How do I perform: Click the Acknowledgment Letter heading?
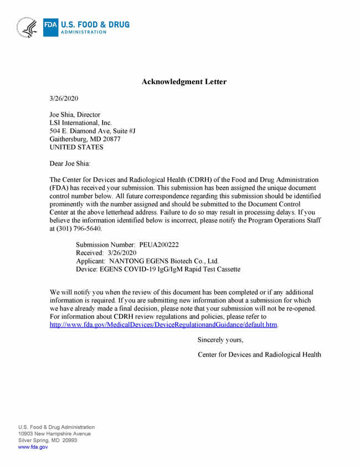coord(184,82)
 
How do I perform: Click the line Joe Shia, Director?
coord(75,115)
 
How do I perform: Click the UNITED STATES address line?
coord(76,148)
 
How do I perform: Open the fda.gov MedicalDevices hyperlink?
coord(163,324)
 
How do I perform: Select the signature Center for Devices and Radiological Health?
coord(259,355)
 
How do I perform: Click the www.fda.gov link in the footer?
coord(33,447)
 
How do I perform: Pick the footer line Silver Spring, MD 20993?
coord(47,440)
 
